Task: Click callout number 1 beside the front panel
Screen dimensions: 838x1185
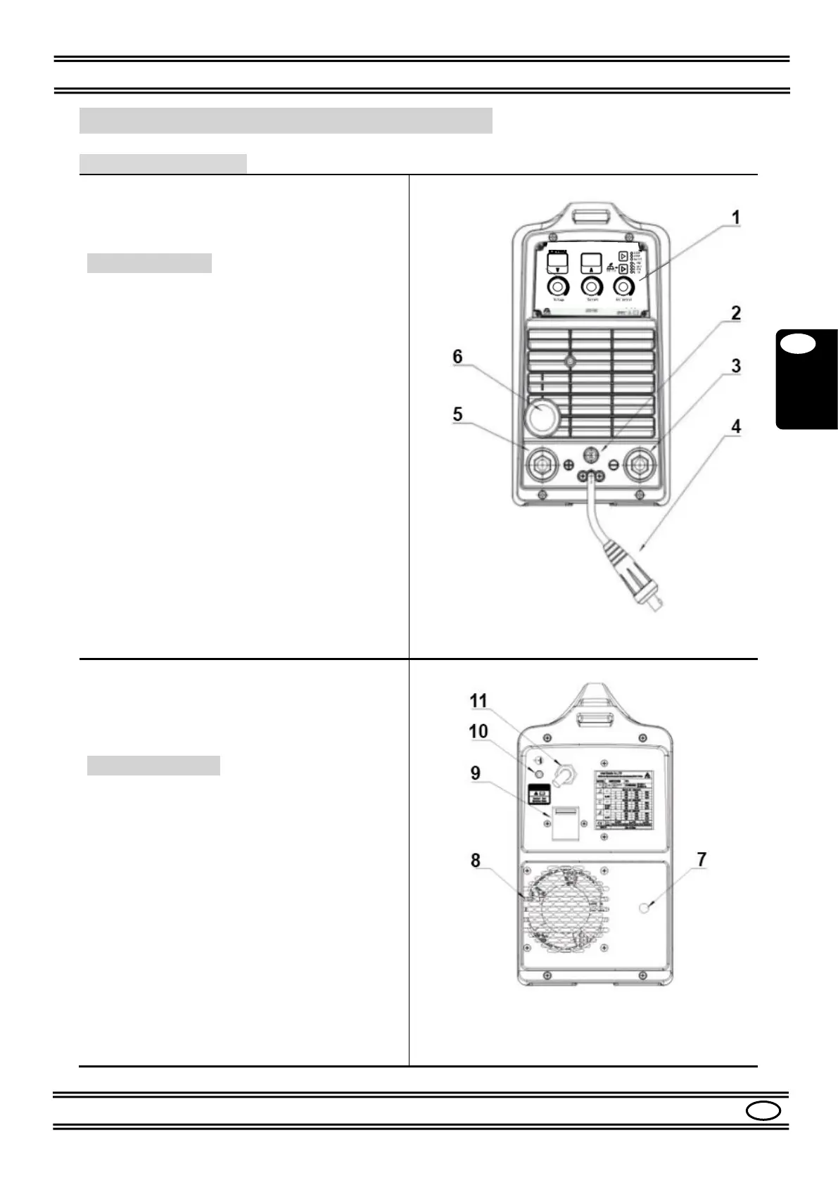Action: tap(735, 217)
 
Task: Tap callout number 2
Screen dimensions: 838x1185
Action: tap(735, 313)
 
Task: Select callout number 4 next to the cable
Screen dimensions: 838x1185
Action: tap(736, 426)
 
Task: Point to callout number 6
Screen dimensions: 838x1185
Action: tap(457, 357)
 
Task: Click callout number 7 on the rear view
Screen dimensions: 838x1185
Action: tap(701, 859)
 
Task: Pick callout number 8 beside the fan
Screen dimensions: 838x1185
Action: tap(476, 860)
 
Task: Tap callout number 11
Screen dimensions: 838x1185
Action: tap(478, 701)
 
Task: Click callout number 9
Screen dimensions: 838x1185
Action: tap(476, 773)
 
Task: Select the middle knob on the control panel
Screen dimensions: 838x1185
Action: tap(590, 287)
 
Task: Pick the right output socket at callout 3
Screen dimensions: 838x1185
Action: tap(641, 464)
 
